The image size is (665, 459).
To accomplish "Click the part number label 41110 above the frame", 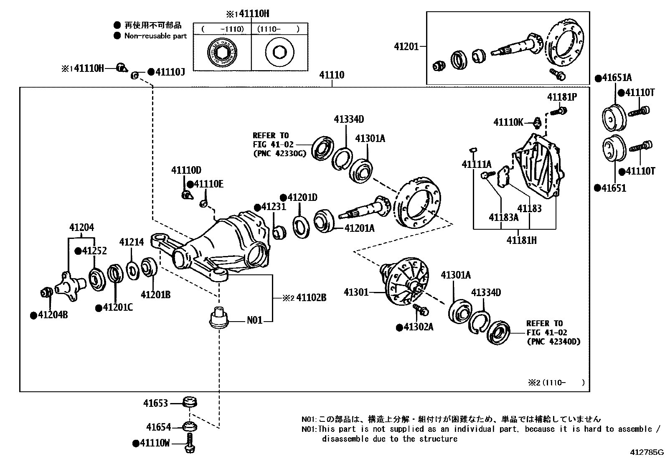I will point(332,75).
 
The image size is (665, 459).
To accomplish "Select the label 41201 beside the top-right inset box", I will point(406,47).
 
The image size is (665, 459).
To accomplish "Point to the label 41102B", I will point(311,298).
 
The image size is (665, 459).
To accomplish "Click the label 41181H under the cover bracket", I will point(522,240).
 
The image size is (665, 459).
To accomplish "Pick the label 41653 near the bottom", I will point(155,403).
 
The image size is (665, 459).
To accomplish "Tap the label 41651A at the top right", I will point(617,78).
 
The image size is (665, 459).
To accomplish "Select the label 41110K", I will point(508,122).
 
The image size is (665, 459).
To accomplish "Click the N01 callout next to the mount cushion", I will point(254,320).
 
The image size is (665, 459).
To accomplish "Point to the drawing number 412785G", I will point(647,452).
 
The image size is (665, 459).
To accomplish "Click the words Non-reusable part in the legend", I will point(155,36).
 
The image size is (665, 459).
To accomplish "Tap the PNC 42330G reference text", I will point(279,154).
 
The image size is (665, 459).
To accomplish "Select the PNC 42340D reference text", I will point(553,342).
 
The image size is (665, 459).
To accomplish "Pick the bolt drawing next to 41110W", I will point(190,443).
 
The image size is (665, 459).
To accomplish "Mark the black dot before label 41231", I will point(258,207).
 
